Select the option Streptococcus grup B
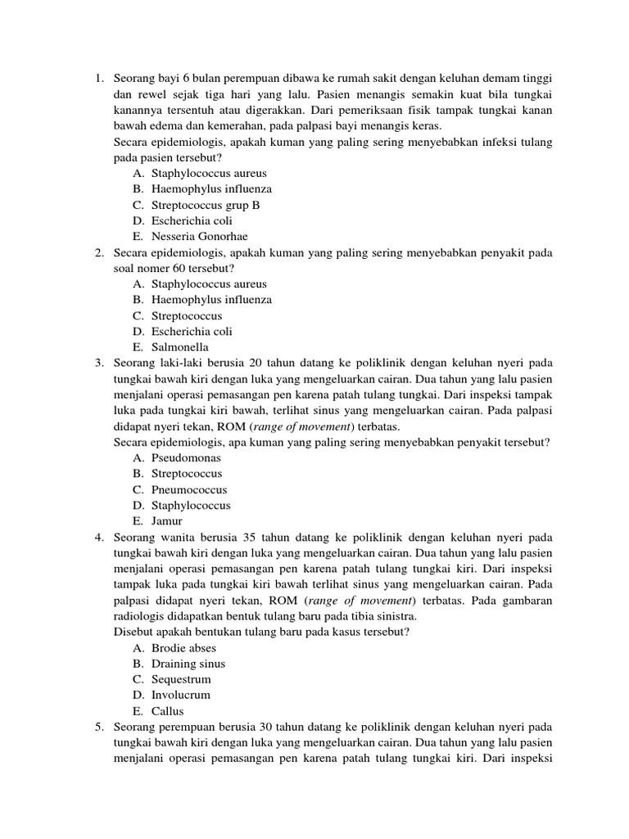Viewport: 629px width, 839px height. click(206, 206)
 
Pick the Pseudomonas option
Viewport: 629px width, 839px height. click(186, 458)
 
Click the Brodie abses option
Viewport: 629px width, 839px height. click(183, 648)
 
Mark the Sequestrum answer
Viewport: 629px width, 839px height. click(181, 679)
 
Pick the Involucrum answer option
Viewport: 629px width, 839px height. click(181, 695)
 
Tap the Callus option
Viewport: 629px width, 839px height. click(168, 711)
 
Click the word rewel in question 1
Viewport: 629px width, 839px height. click(152, 94)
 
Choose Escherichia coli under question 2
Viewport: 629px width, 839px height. click(192, 332)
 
